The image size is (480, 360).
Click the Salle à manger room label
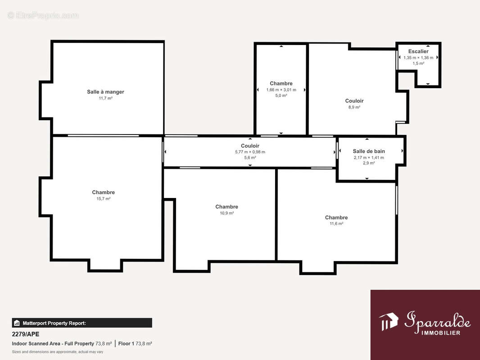click(x=105, y=92)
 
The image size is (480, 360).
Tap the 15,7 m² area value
click(x=104, y=199)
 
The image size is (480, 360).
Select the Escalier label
click(x=418, y=51)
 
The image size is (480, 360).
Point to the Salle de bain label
click(x=369, y=151)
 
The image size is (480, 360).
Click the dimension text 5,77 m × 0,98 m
click(x=250, y=152)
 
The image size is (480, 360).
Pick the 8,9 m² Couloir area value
click(x=354, y=108)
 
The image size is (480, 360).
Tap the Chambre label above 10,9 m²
click(x=226, y=207)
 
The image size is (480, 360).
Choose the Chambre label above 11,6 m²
click(x=336, y=217)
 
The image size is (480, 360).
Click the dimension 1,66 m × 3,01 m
click(x=281, y=90)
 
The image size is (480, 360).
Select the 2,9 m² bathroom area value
click(x=369, y=163)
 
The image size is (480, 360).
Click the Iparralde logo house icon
click(x=388, y=321)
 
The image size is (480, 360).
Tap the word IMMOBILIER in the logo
click(x=441, y=333)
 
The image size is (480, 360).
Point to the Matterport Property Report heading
click(x=54, y=323)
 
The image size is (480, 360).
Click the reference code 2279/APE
click(x=25, y=334)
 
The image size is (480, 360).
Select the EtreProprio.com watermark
click(x=43, y=15)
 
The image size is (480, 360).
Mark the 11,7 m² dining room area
click(x=105, y=99)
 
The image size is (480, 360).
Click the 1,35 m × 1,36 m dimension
click(x=418, y=58)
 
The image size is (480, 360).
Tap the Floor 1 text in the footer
click(x=126, y=343)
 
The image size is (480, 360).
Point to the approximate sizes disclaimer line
click(x=58, y=352)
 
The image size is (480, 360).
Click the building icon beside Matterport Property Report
click(x=17, y=323)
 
